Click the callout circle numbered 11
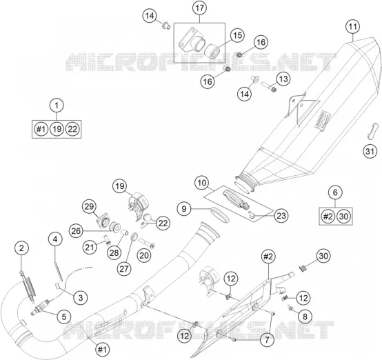[353, 27]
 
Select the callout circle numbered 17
[199, 8]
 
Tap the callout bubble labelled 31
[370, 151]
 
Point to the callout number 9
[184, 209]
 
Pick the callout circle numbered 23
[281, 216]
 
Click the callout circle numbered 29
[89, 206]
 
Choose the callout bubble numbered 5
[64, 317]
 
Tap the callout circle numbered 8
[305, 317]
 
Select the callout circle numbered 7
[267, 340]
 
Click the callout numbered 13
[283, 79]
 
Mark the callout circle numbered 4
[55, 239]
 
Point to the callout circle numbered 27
[123, 268]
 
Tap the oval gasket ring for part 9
[219, 214]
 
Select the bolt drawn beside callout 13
[269, 87]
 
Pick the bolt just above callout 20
[147, 243]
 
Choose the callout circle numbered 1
[57, 106]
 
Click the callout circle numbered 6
[336, 192]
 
